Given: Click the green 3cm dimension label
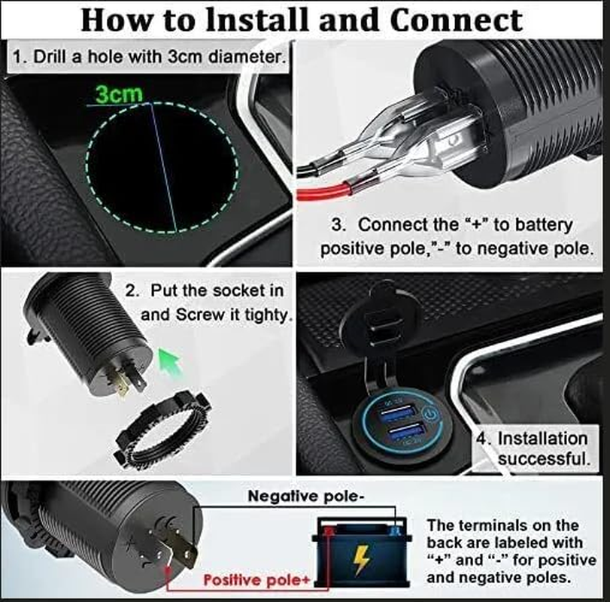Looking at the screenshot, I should [x=119, y=95].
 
